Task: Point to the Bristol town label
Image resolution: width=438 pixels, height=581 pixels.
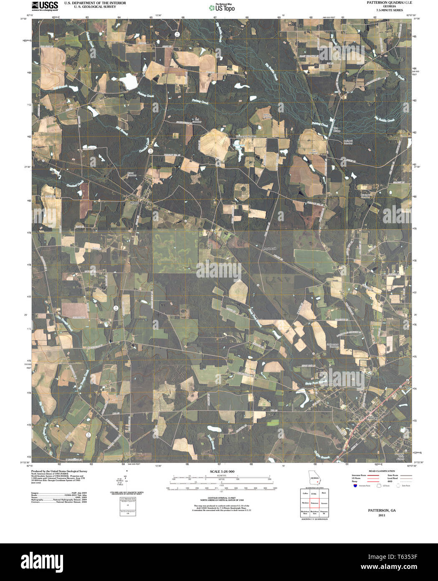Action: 134,202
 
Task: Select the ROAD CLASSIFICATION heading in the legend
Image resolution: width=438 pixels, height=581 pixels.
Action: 374,471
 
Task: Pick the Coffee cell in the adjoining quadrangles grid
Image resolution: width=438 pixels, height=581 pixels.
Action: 305,494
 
